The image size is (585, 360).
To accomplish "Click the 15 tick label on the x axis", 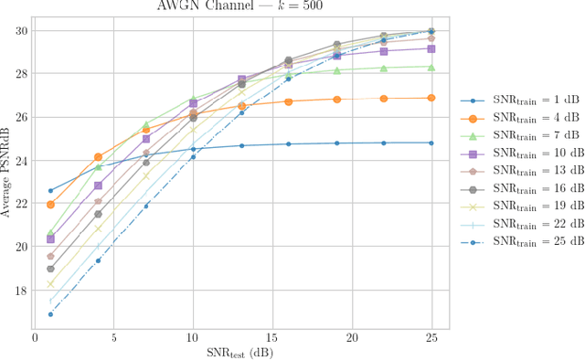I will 272,338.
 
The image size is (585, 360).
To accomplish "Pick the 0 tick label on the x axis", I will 35,338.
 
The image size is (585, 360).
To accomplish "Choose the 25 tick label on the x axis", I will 431,338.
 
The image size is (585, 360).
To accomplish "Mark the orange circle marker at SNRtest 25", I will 431,98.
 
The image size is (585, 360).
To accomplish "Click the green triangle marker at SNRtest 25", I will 431,67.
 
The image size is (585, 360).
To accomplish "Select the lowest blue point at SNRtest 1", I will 50,314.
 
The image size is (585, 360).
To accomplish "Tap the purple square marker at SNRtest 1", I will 50,238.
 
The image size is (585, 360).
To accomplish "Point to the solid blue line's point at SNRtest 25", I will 431,143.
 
